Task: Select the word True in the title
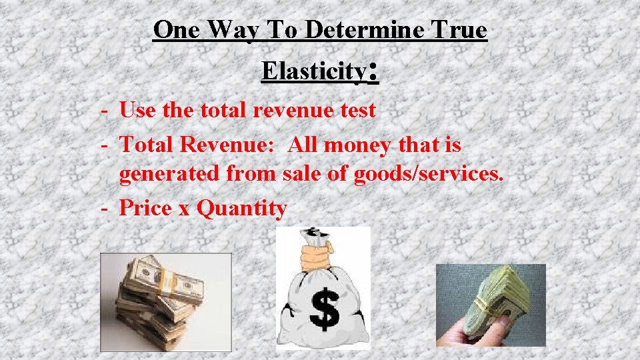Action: click(x=459, y=30)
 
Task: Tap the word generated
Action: click(x=171, y=175)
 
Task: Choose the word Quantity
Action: click(x=243, y=209)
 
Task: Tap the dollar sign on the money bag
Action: click(x=323, y=308)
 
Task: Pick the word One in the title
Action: click(x=177, y=30)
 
